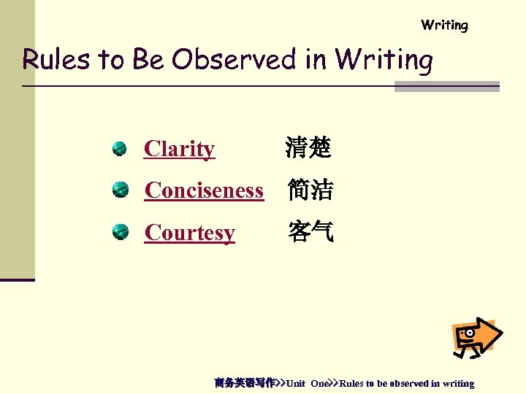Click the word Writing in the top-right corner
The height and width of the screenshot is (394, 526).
coord(444,26)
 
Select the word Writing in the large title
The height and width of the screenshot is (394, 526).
coord(384,61)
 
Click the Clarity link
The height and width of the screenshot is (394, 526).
coord(180,149)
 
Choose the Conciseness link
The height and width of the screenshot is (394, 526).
coord(204,190)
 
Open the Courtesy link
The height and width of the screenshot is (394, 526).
coord(190,233)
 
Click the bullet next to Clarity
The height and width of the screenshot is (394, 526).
coord(120,149)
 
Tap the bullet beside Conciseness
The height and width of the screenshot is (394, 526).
coord(120,190)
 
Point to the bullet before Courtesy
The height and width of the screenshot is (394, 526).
coord(120,233)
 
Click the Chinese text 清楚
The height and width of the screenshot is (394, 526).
coord(308,149)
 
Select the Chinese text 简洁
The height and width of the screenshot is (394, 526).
coord(310,190)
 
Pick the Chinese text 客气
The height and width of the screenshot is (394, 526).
coord(310,233)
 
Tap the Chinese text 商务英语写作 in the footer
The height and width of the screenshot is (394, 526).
coord(244,383)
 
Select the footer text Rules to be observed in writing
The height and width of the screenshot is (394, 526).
coord(407,383)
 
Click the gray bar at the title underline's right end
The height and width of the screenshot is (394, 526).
coord(446,87)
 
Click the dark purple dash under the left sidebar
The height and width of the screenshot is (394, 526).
coord(17,279)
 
